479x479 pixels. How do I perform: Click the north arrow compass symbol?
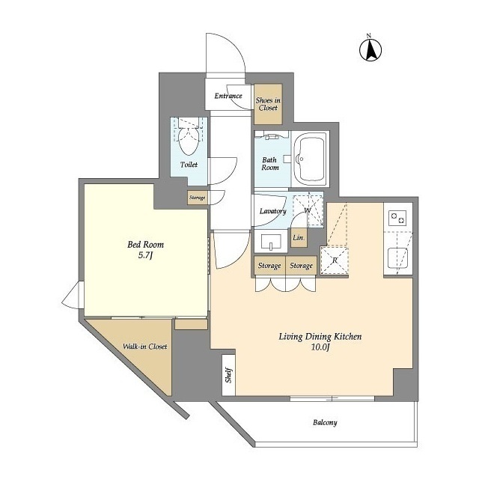pos(369,49)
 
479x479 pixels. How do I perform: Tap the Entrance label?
pos(228,96)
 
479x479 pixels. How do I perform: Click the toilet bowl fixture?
pos(189,139)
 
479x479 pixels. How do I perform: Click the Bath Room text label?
pos(270,163)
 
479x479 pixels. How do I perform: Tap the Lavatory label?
pos(272,211)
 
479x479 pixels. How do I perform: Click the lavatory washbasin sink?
pos(270,242)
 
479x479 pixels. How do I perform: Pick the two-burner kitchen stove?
pos(397,219)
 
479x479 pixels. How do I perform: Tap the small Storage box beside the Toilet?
pos(197,198)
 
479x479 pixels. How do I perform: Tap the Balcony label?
pos(324,423)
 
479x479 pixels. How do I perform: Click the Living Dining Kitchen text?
pos(320,338)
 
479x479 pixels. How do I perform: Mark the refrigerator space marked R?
pos(333,259)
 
